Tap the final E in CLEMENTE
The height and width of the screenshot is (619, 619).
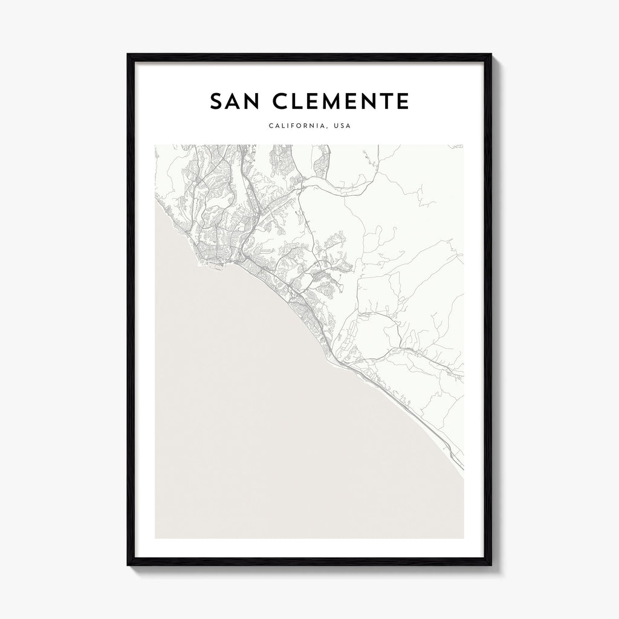pyautogui.click(x=403, y=102)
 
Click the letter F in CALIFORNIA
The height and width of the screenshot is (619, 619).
pyautogui.click(x=290, y=126)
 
